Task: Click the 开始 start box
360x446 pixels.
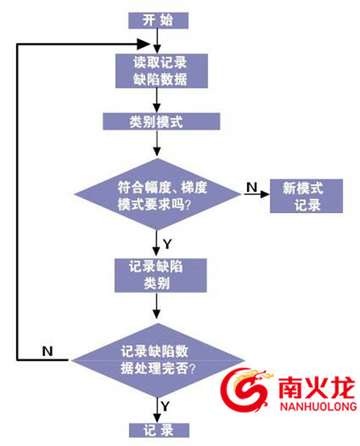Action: (158, 20)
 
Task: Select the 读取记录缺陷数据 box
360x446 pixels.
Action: (161, 71)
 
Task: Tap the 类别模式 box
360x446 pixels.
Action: (161, 122)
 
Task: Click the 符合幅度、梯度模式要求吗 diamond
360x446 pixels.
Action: (158, 195)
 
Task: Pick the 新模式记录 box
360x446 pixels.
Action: (306, 196)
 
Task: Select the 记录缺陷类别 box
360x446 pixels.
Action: (161, 275)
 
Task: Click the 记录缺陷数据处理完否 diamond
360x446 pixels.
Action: (158, 360)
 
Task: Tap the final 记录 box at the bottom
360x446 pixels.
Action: (159, 430)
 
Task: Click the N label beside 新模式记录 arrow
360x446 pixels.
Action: (252, 187)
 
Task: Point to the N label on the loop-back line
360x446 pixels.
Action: (48, 352)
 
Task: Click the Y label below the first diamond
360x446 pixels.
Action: (167, 244)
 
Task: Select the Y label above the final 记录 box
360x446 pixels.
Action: (165, 406)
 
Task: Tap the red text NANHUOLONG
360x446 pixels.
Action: (318, 406)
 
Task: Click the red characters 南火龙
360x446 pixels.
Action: (317, 388)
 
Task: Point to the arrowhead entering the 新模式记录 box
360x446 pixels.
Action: (265, 195)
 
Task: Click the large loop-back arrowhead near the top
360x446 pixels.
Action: (143, 44)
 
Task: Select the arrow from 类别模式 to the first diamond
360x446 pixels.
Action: (157, 143)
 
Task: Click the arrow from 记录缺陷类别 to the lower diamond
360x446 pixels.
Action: (156, 305)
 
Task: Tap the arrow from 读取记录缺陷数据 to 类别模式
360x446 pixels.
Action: (156, 100)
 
